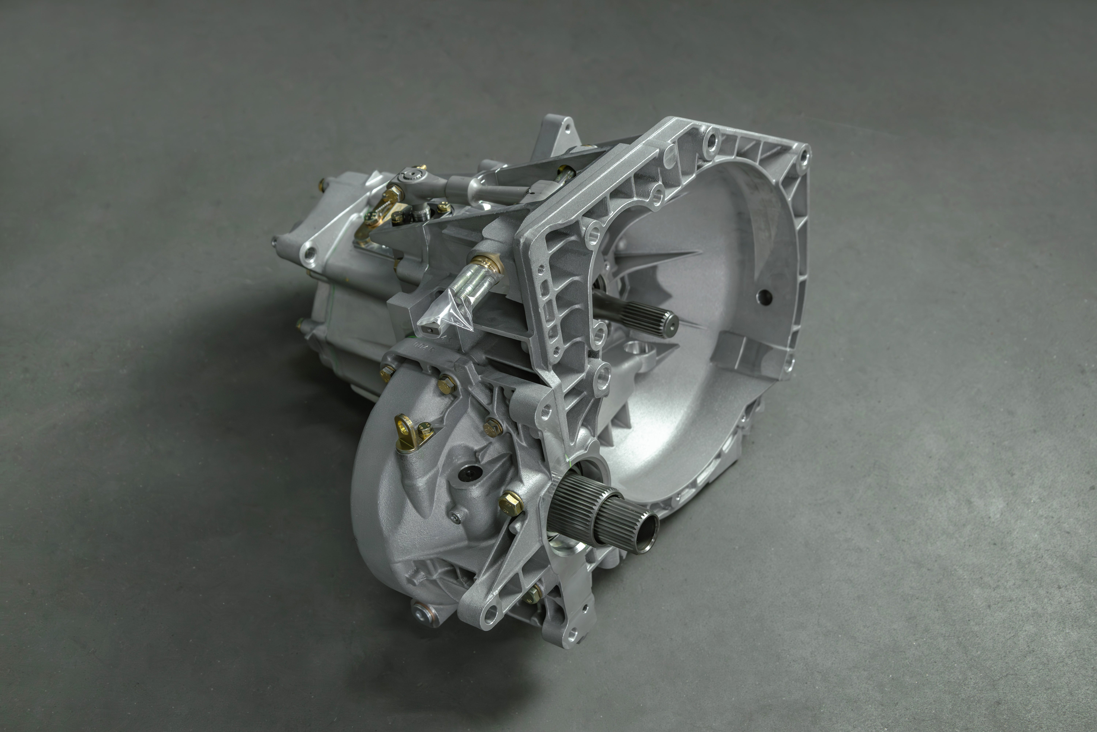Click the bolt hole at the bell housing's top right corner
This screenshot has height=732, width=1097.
803,154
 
